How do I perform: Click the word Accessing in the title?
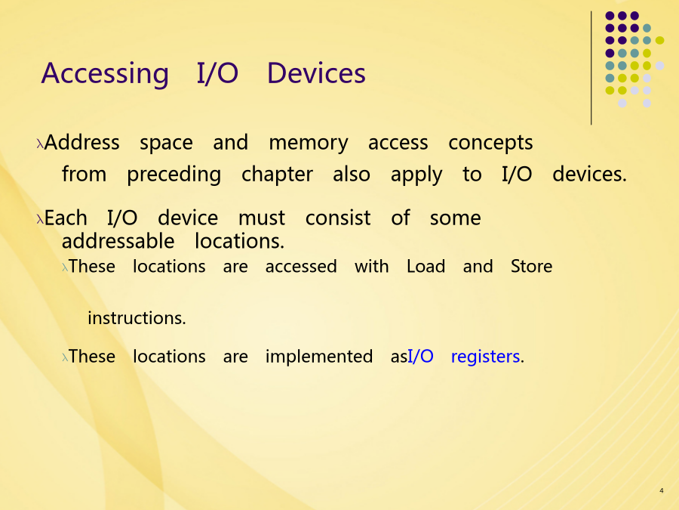[105, 74]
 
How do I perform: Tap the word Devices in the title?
[316, 73]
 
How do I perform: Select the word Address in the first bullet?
[81, 142]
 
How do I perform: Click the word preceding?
[174, 175]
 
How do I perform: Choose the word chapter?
[277, 175]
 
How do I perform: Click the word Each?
[66, 218]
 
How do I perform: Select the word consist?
[338, 218]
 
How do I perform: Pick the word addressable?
[118, 241]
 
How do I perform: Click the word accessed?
[301, 267]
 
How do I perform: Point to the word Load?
[426, 266]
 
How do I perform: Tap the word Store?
[531, 266]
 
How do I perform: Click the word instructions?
[137, 318]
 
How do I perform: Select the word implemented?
[318, 357]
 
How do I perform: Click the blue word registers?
[485, 357]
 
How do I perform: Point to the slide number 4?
[661, 490]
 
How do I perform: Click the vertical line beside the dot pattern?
[591, 68]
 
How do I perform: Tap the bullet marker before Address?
[40, 144]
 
